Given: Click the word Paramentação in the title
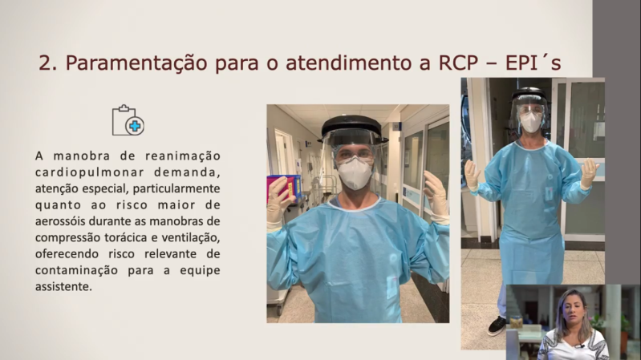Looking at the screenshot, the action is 136,63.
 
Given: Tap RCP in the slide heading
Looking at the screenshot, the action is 458,63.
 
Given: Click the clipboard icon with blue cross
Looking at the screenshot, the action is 128,120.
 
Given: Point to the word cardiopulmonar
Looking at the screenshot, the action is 90,172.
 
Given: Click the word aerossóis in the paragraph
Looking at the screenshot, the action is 60,221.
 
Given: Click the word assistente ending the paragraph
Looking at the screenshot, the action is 63,286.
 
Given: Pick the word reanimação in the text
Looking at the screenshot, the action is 183,156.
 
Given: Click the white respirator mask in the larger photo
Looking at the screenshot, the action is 355,173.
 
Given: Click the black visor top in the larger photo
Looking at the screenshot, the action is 352,125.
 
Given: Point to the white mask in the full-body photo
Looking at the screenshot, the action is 531,122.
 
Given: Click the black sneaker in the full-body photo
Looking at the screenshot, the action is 497,326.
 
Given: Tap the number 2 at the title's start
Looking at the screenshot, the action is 46,63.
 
